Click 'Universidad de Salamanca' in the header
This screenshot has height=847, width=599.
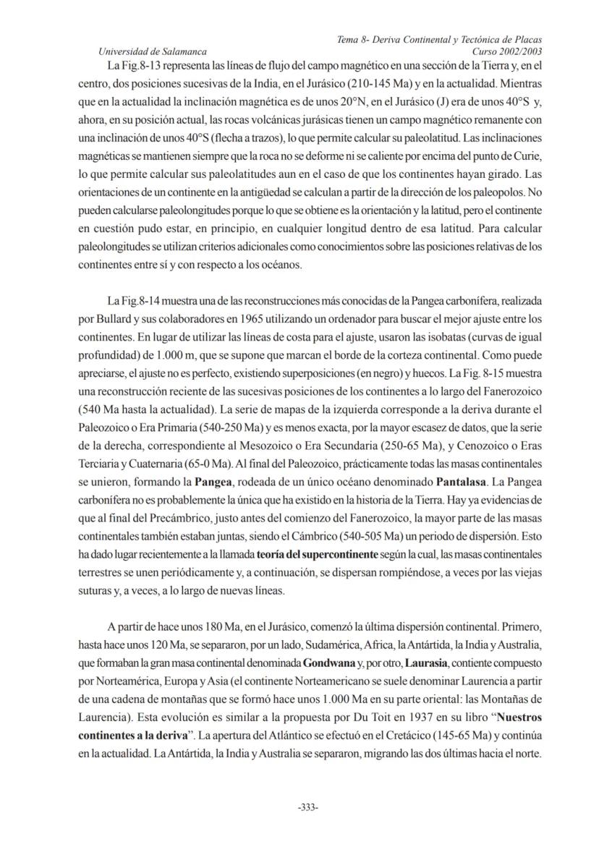click(x=152, y=51)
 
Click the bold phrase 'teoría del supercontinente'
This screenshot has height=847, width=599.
click(x=316, y=554)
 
